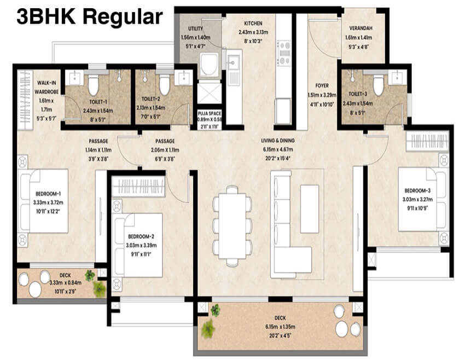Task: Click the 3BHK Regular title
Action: click(x=90, y=16)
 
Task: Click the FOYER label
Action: click(x=321, y=85)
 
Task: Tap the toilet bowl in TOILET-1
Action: click(x=93, y=85)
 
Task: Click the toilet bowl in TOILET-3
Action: click(x=378, y=85)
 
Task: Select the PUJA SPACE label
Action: click(x=210, y=113)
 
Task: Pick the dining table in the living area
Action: click(x=232, y=222)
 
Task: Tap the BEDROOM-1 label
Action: click(x=48, y=194)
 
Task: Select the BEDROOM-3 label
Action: click(x=419, y=190)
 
